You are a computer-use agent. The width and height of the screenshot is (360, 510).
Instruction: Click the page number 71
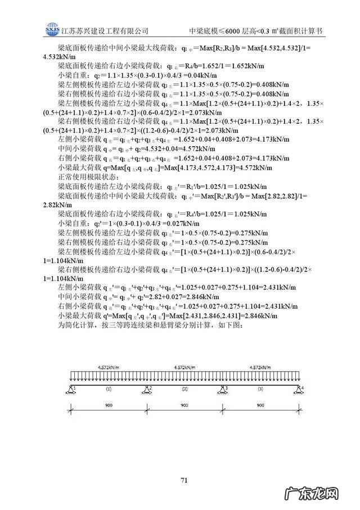coord(183,480)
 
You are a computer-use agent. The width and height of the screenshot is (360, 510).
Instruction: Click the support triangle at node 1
coord(72,390)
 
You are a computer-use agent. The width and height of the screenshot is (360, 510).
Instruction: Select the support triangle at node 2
coord(147,390)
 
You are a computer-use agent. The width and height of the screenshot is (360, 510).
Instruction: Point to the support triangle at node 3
coord(222,390)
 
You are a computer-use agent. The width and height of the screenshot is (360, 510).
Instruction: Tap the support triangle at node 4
coord(298,390)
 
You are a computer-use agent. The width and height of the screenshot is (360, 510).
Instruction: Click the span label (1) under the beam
coord(109,389)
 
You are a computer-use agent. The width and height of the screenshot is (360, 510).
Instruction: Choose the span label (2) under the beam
coord(184,389)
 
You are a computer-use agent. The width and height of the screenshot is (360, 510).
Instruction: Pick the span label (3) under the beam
coord(260,389)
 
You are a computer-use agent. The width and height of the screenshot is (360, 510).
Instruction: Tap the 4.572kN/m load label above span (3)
coord(261,367)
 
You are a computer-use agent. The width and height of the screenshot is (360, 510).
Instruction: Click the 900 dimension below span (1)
coord(109,405)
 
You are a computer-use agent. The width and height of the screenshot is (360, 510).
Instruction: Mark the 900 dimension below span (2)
coord(184,405)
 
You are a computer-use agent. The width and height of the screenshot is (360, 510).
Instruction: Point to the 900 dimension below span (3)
coord(260,405)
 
